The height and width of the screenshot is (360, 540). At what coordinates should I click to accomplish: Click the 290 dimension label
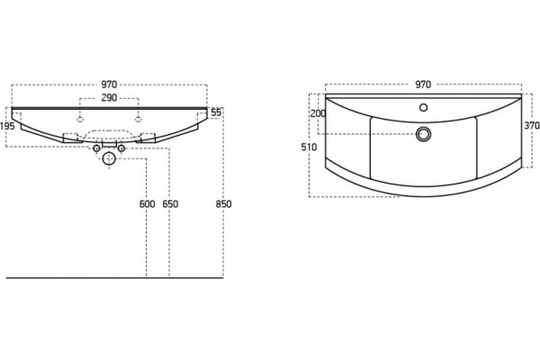(109, 98)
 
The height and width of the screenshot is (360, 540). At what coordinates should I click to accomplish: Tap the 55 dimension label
(216, 112)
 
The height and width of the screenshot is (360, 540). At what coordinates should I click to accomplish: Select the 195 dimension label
(7, 126)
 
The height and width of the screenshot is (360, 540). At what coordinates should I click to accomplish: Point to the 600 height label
(147, 204)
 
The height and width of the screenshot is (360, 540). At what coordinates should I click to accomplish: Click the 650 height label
(170, 204)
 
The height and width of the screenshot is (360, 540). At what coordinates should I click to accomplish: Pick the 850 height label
(223, 204)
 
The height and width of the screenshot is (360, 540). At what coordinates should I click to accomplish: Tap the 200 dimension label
(318, 113)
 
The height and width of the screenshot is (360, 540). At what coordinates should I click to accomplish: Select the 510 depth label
(309, 147)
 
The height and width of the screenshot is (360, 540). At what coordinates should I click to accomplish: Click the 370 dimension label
(532, 126)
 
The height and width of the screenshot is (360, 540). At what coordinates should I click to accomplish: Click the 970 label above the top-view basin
(423, 85)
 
